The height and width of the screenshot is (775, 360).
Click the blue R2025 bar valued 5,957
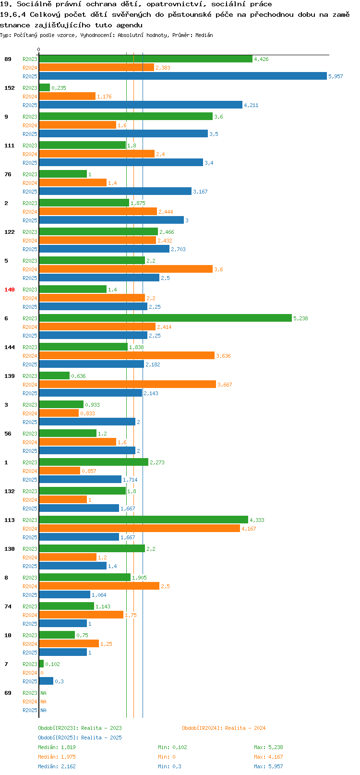click(x=183, y=76)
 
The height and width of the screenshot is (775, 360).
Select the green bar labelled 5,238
click(x=165, y=318)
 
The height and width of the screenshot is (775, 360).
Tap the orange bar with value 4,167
click(x=139, y=528)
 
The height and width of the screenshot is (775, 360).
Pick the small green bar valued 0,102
click(x=41, y=664)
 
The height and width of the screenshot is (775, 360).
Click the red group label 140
click(x=9, y=290)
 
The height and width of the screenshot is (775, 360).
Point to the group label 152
click(x=9, y=88)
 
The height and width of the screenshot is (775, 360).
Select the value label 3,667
click(x=225, y=385)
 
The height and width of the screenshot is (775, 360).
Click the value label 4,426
click(x=261, y=59)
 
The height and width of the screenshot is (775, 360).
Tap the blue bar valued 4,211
click(x=141, y=105)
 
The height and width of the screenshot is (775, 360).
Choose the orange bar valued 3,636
click(x=127, y=355)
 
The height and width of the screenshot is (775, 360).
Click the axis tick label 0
click(x=38, y=49)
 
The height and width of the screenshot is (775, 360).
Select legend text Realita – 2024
click(x=245, y=728)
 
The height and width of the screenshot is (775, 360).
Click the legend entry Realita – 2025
click(x=101, y=738)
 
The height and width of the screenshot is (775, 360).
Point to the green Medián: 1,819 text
click(x=57, y=747)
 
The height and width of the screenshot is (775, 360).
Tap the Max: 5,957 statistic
click(x=268, y=766)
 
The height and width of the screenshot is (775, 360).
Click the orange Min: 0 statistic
click(x=167, y=757)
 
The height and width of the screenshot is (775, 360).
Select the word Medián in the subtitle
click(x=204, y=35)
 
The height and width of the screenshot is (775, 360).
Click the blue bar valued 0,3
click(x=46, y=681)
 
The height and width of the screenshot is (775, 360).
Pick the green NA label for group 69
click(x=43, y=693)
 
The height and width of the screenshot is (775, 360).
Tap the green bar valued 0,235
click(x=45, y=87)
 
